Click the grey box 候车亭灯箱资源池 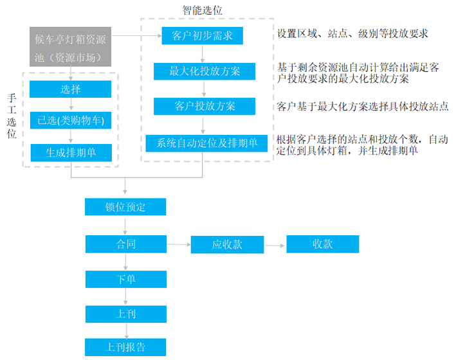[x=70, y=47]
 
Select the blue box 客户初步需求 [x=203, y=36]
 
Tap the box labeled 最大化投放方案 [x=205, y=71]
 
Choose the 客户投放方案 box [x=205, y=106]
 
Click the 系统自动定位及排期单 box [x=206, y=143]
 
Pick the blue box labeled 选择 [x=70, y=89]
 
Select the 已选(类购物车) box [x=71, y=120]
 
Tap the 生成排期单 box [x=71, y=152]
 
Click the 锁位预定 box [x=125, y=207]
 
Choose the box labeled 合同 [x=126, y=244]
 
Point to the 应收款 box [x=228, y=244]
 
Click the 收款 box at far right [x=323, y=244]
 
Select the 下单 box [x=126, y=279]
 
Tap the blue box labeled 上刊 [x=126, y=314]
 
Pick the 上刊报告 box [x=125, y=347]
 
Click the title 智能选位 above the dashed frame [x=203, y=10]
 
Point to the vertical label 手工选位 [x=12, y=116]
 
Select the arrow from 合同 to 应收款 [x=179, y=244]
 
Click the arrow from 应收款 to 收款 [x=274, y=246]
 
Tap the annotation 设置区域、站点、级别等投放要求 [x=352, y=33]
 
